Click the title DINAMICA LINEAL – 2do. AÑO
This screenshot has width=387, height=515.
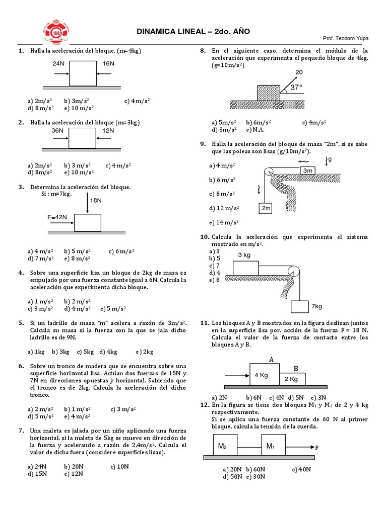click(193, 32)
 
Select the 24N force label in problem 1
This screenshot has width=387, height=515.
click(58, 64)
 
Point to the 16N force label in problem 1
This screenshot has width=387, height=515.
click(108, 64)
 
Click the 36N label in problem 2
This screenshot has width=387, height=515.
click(58, 130)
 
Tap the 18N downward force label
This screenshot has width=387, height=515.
click(96, 200)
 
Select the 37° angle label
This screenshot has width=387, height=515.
click(297, 87)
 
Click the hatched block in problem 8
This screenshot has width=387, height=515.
click(269, 93)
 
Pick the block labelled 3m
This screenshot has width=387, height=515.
click(307, 171)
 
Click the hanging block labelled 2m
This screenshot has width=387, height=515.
click(267, 208)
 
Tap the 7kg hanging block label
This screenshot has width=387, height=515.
click(316, 306)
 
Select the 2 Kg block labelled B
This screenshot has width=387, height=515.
click(290, 379)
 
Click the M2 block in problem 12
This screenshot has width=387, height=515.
click(222, 446)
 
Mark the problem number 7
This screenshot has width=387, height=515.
click(20, 430)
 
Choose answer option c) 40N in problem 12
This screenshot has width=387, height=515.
click(301, 469)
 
